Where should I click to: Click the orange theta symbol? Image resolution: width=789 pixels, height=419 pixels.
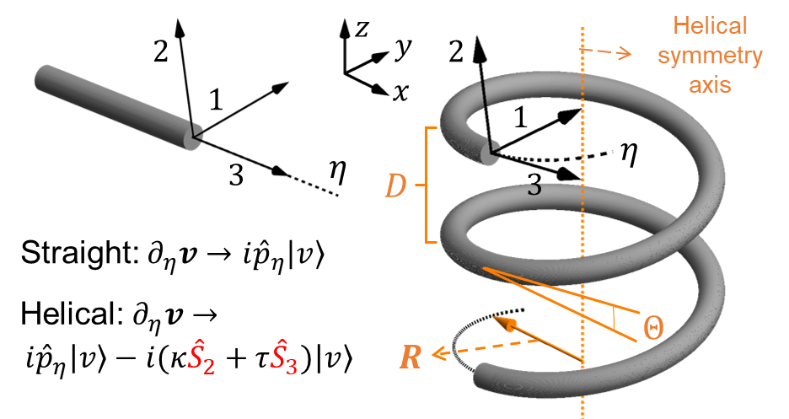pos(652,327)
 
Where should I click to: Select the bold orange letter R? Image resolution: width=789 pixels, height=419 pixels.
pos(411,357)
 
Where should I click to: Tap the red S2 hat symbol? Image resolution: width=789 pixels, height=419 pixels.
pos(201,357)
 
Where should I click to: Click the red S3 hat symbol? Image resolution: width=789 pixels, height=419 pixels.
pos(283,357)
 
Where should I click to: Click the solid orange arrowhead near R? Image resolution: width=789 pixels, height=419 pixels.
pos(506,325)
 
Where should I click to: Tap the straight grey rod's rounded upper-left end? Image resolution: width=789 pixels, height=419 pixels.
pos(42,77)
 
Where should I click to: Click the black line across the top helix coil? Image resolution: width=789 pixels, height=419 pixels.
pos(484,93)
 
